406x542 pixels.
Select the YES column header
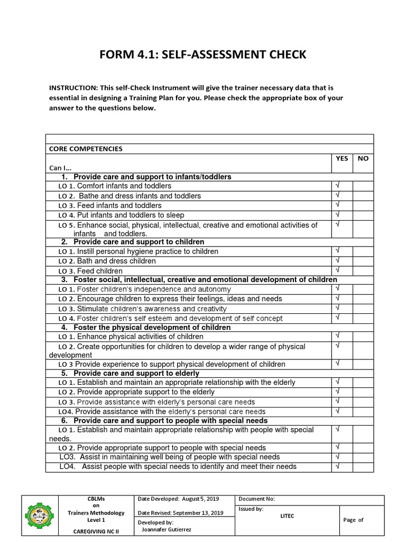pyautogui.click(x=342, y=158)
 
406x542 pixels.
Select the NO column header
pyautogui.click(x=363, y=158)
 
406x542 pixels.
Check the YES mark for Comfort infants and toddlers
pyautogui.click(x=337, y=186)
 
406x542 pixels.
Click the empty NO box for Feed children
pyautogui.click(x=363, y=270)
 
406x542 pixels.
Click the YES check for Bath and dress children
pyautogui.click(x=337, y=260)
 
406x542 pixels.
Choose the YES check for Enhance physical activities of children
pyautogui.click(x=337, y=336)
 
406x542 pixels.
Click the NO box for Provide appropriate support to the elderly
pyautogui.click(x=363, y=392)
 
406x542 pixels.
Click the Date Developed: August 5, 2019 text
pyautogui.click(x=178, y=499)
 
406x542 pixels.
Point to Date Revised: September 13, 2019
pyautogui.click(x=180, y=513)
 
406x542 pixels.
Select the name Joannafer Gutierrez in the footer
pyautogui.click(x=166, y=528)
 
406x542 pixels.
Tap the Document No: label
pyautogui.click(x=257, y=499)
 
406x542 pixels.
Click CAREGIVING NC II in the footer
pyautogui.click(x=96, y=532)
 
